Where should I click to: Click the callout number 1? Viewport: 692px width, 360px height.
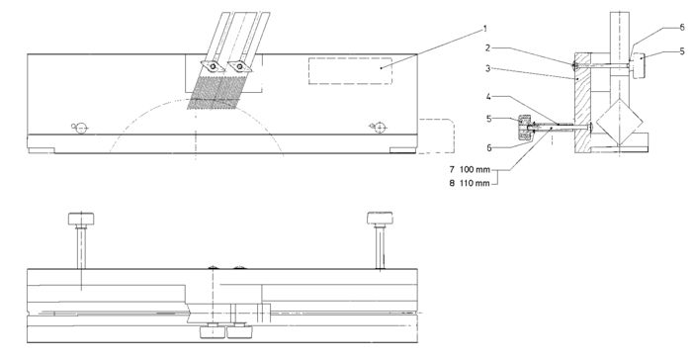pyautogui.click(x=485, y=29)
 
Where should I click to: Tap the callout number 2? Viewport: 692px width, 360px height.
pyautogui.click(x=488, y=47)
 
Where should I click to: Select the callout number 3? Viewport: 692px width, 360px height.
pyautogui.click(x=488, y=68)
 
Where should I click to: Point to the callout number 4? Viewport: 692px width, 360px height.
pyautogui.click(x=488, y=96)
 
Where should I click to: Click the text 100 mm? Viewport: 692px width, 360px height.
pyautogui.click(x=475, y=169)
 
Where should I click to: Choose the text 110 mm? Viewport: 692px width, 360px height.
pyautogui.click(x=475, y=183)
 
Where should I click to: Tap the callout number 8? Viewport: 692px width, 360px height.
pyautogui.click(x=452, y=183)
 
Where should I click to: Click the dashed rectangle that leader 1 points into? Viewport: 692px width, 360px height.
pyautogui.click(x=350, y=70)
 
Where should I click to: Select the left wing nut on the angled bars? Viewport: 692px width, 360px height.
pyautogui.click(x=213, y=66)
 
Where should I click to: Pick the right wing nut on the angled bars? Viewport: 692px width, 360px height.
pyautogui.click(x=239, y=66)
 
